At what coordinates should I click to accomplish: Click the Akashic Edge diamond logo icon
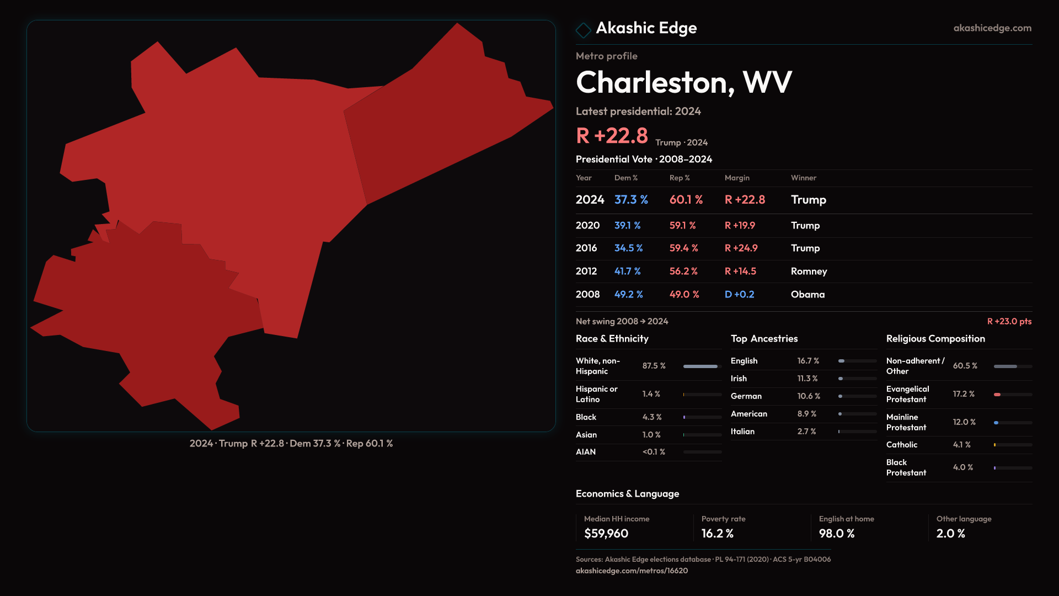[583, 29]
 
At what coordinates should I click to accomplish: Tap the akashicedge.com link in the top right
[992, 28]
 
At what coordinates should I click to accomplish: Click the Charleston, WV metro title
[683, 82]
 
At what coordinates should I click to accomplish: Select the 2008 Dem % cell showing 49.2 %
[628, 295]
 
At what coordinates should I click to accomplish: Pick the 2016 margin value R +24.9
[741, 248]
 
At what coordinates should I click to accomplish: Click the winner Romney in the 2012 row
[809, 272]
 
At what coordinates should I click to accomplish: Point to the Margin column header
[737, 178]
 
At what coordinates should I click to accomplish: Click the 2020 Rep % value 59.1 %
[682, 226]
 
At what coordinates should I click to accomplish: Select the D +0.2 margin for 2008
[739, 295]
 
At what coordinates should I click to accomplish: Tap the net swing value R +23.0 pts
[1009, 321]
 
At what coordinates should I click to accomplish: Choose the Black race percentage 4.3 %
[651, 417]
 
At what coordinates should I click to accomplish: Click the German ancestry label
[746, 396]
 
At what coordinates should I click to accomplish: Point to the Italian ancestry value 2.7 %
[806, 432]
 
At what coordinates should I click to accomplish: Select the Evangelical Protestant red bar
[997, 395]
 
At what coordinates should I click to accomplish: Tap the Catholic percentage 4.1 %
[961, 445]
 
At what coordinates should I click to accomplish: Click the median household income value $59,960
[606, 534]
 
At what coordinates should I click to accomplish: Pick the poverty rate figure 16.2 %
[717, 534]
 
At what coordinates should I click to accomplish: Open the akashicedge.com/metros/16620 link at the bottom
[632, 571]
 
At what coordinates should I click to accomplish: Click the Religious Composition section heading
[935, 339]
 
